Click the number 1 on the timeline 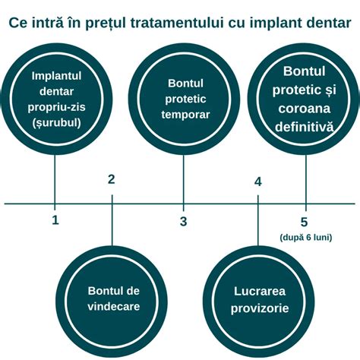[x=55, y=220]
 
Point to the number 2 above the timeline [x=112, y=179]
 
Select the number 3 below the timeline [x=183, y=221]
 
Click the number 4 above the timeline [x=258, y=182]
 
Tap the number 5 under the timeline [x=305, y=222]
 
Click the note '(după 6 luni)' [x=305, y=238]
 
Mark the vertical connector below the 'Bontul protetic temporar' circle [x=183, y=179]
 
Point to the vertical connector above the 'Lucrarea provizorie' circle [x=258, y=224]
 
